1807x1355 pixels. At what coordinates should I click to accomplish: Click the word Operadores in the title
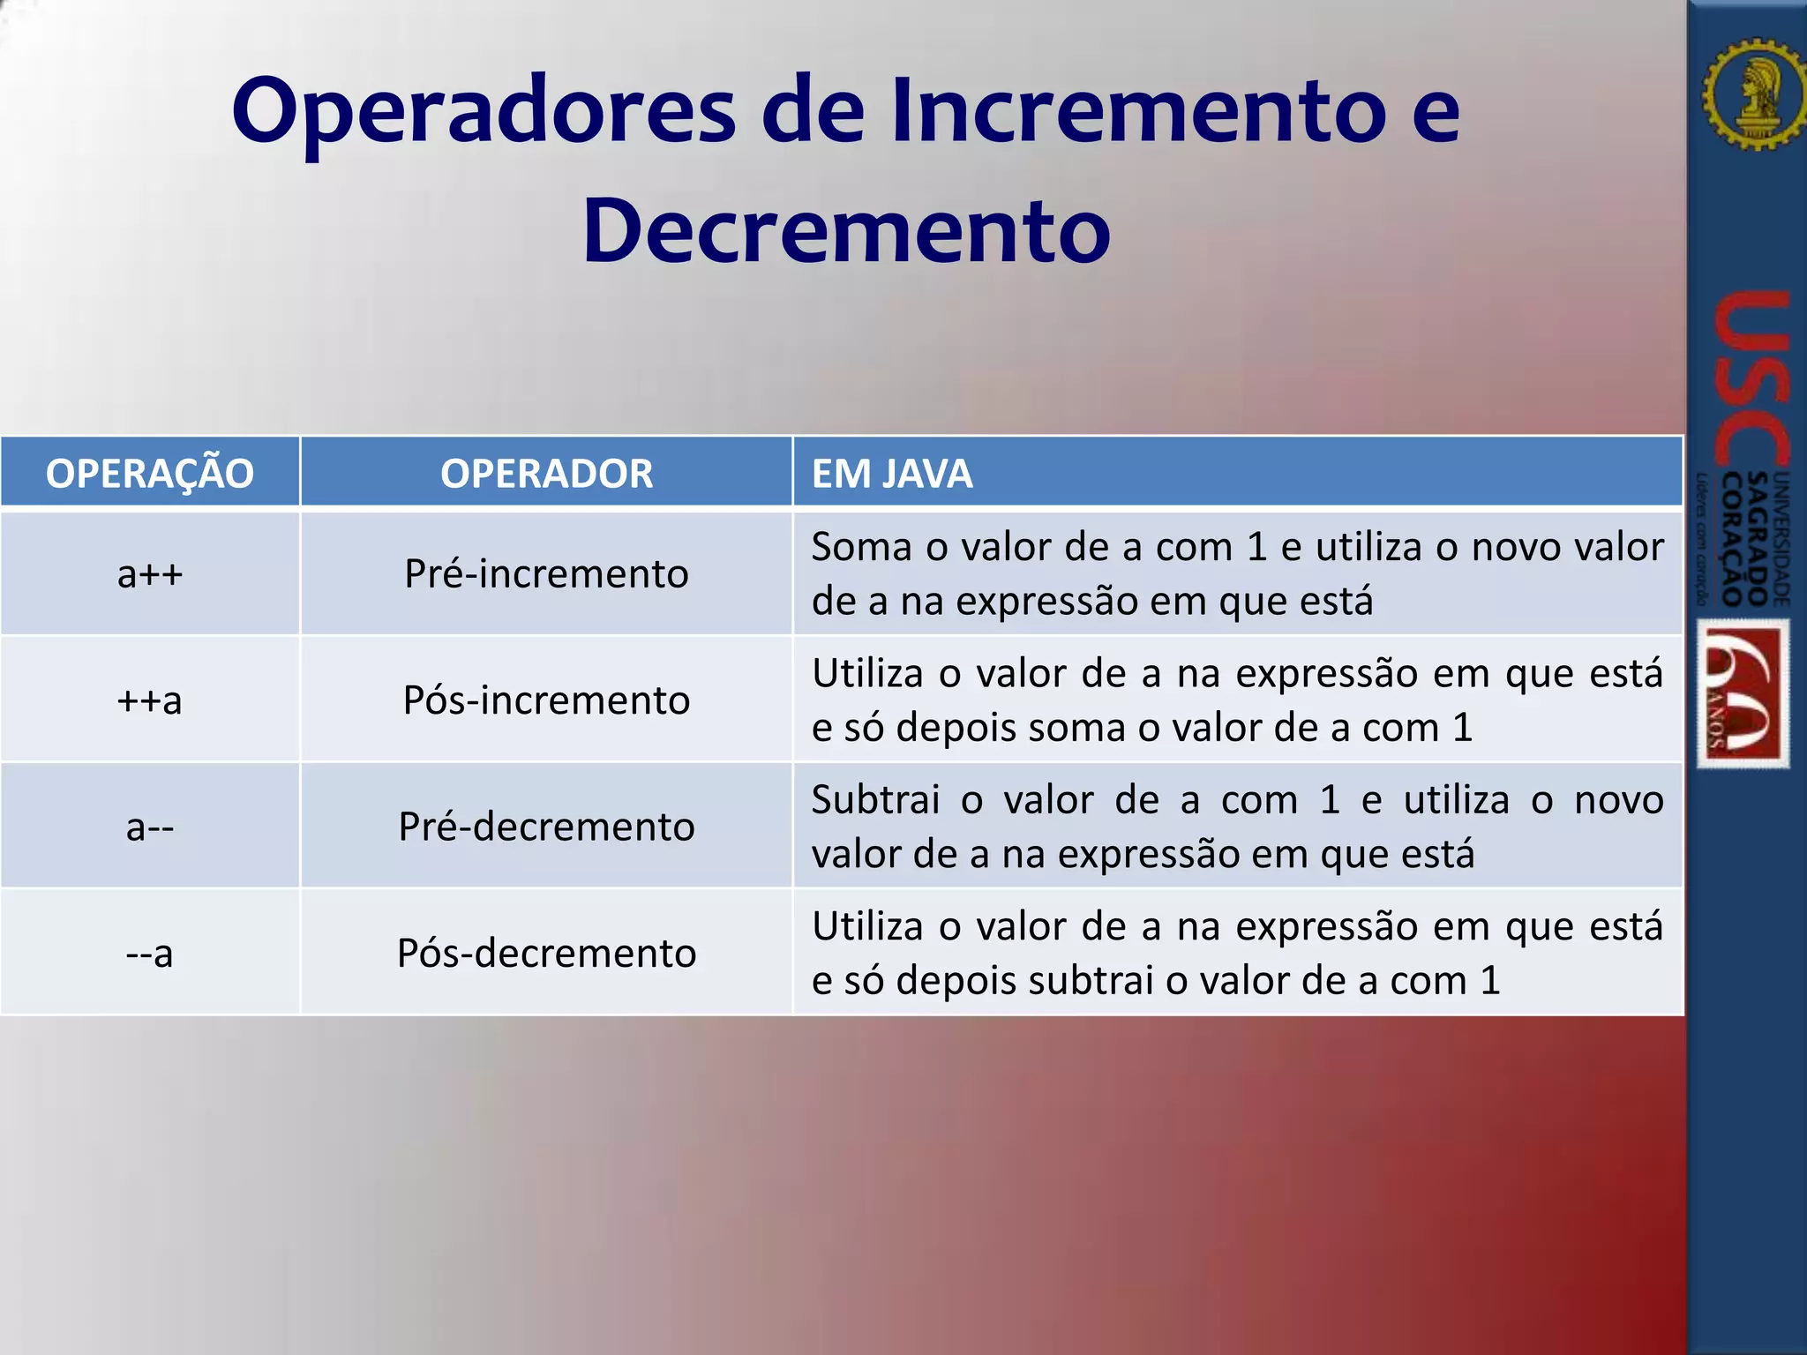click(484, 113)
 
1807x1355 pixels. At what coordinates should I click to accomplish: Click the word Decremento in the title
click(846, 231)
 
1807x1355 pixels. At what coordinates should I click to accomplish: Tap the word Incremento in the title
click(1138, 111)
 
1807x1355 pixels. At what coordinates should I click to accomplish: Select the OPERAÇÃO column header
click(149, 474)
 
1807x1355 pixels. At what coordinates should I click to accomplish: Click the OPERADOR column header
click(546, 474)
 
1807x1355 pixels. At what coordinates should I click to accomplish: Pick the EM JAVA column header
click(891, 474)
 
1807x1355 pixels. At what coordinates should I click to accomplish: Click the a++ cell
click(149, 574)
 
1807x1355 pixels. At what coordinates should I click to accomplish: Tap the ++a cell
click(149, 700)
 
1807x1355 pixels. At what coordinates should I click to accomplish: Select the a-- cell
click(149, 827)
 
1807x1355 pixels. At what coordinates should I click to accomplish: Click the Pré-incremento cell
click(546, 574)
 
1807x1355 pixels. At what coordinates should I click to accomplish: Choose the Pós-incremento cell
click(546, 700)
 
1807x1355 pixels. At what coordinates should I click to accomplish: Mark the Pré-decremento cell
click(546, 827)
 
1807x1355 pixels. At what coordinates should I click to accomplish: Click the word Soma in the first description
click(860, 548)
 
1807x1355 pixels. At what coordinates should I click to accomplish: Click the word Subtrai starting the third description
click(875, 801)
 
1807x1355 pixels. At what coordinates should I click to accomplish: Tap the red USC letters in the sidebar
click(1751, 379)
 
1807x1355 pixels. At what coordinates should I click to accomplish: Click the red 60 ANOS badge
click(1743, 693)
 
